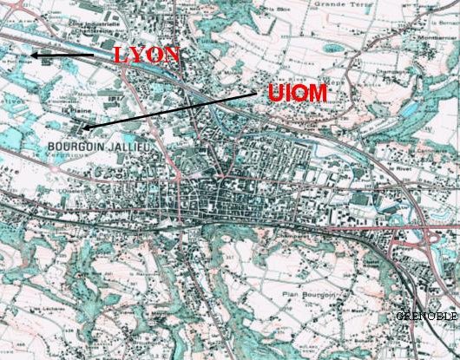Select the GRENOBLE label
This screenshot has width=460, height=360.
(427, 316)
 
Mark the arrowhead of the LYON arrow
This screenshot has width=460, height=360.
(33, 56)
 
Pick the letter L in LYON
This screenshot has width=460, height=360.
(121, 55)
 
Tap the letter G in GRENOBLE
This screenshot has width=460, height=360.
(399, 316)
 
